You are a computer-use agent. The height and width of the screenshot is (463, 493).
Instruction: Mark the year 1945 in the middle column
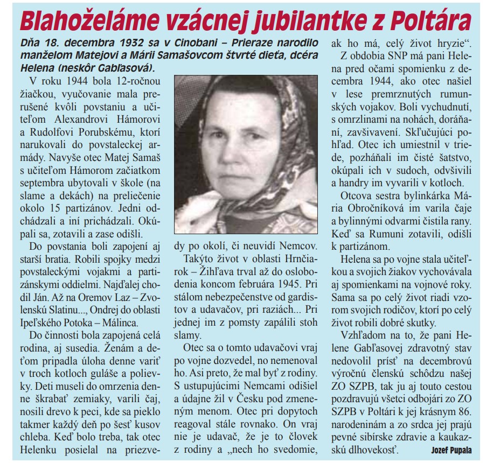tap(276, 282)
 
